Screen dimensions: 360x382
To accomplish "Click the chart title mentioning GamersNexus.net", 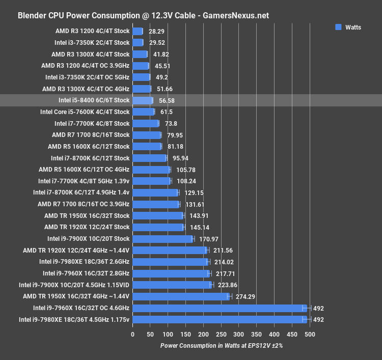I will [x=143, y=15].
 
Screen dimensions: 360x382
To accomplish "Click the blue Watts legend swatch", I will [x=338, y=27].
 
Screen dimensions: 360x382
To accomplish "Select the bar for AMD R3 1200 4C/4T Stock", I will [x=138, y=31].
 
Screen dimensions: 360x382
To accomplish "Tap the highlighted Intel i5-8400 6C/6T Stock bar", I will [x=143, y=100].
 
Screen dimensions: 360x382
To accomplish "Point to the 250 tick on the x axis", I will [x=221, y=335].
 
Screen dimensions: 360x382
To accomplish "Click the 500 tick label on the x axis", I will [x=309, y=335].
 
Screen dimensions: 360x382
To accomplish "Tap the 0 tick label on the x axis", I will [x=132, y=335].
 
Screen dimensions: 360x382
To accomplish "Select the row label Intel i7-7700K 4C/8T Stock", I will [x=92, y=123].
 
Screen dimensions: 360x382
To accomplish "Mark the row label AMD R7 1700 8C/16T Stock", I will [x=91, y=135].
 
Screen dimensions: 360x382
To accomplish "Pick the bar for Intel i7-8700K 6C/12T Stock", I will [x=149, y=158].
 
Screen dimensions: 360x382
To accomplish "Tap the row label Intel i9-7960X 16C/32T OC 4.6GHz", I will [x=81, y=308].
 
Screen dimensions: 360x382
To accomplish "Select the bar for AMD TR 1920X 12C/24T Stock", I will [x=158, y=227].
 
